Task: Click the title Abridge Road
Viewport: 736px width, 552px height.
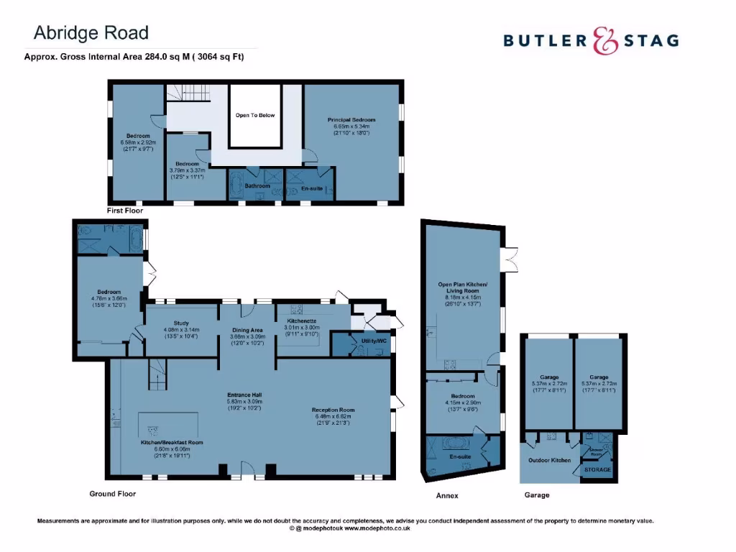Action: (91, 32)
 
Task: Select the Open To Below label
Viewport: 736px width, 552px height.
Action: (255, 115)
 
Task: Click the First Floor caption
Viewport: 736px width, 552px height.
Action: (125, 211)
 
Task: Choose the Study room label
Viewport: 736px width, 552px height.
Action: (180, 323)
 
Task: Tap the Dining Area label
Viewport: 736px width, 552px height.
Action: (247, 329)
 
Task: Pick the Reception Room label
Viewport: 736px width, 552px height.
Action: (334, 410)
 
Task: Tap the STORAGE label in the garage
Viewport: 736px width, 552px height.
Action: (597, 470)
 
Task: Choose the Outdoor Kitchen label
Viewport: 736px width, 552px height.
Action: (549, 460)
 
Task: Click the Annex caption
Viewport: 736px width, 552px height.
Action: (447, 495)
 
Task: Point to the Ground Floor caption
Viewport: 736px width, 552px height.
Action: (112, 494)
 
